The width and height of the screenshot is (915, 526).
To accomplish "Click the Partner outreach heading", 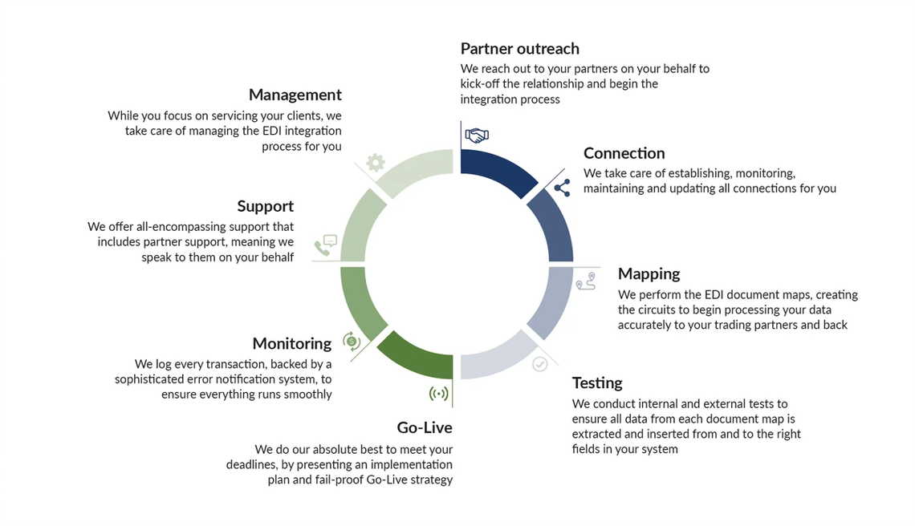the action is click(519, 48).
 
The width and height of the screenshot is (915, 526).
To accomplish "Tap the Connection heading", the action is click(624, 153).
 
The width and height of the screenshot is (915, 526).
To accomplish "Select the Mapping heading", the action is click(649, 274).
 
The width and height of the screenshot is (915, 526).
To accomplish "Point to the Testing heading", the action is click(597, 383).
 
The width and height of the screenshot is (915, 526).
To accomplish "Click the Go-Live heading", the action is click(425, 427).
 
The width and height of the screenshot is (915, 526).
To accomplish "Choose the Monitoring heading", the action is click(292, 343).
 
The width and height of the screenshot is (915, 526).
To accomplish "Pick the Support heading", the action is click(265, 206).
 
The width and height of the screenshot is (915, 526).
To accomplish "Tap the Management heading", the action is click(295, 95).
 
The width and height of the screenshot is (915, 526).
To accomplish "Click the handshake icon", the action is click(477, 136).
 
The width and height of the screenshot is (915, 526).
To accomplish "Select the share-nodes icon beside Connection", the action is click(562, 188).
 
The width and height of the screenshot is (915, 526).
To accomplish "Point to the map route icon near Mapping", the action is click(586, 281).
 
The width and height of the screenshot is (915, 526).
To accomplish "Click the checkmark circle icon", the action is click(540, 365).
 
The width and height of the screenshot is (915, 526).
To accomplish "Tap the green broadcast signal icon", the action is click(439, 394).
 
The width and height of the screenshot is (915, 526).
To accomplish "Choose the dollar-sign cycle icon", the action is click(352, 341).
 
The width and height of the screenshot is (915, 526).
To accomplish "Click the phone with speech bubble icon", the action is click(326, 245).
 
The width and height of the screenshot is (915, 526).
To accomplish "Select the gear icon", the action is click(375, 163).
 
